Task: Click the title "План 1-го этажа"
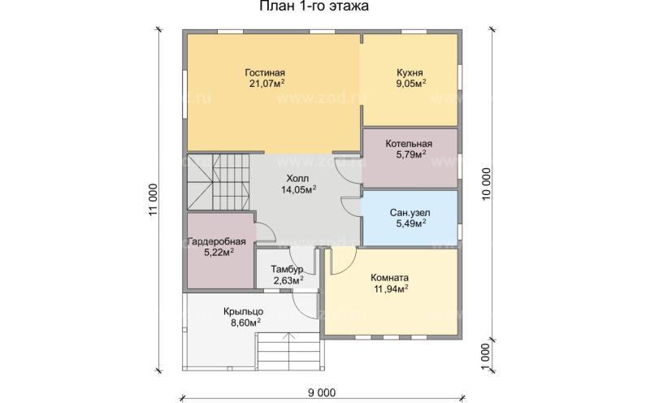click(314, 6)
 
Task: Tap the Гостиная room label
click(265, 72)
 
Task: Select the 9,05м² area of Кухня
click(410, 83)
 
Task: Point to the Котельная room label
click(409, 144)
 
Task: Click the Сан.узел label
click(410, 213)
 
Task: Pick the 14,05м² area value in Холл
click(299, 189)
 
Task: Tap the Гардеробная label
click(217, 241)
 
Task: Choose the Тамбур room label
click(287, 270)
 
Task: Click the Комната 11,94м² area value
click(391, 288)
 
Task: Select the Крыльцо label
click(244, 311)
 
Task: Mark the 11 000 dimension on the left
click(154, 200)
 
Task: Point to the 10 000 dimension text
click(487, 184)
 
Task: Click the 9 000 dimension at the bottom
click(322, 392)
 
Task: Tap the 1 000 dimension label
click(487, 357)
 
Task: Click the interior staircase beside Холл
click(219, 182)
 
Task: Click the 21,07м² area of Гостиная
click(267, 83)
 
